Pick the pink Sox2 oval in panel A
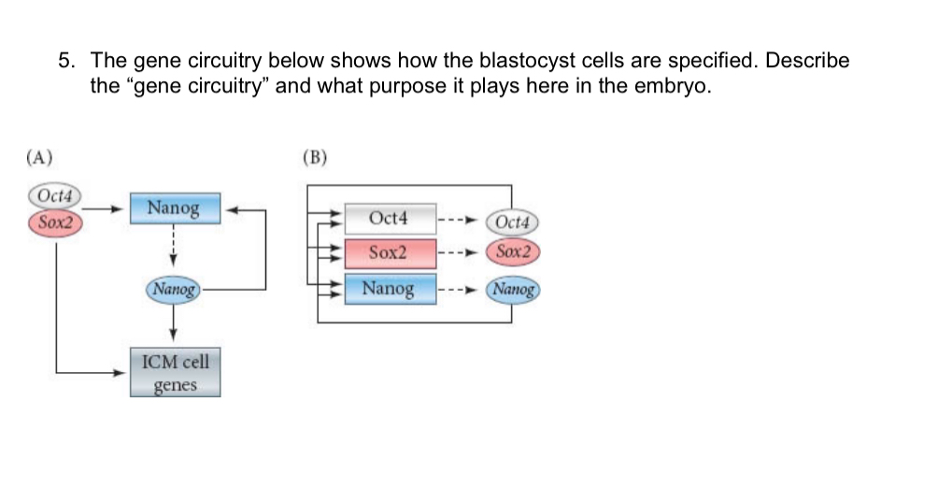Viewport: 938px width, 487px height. coord(55,222)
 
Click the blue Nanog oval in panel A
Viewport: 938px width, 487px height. coord(175,290)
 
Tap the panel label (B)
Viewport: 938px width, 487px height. coord(316,156)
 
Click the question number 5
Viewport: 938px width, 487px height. coord(66,62)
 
